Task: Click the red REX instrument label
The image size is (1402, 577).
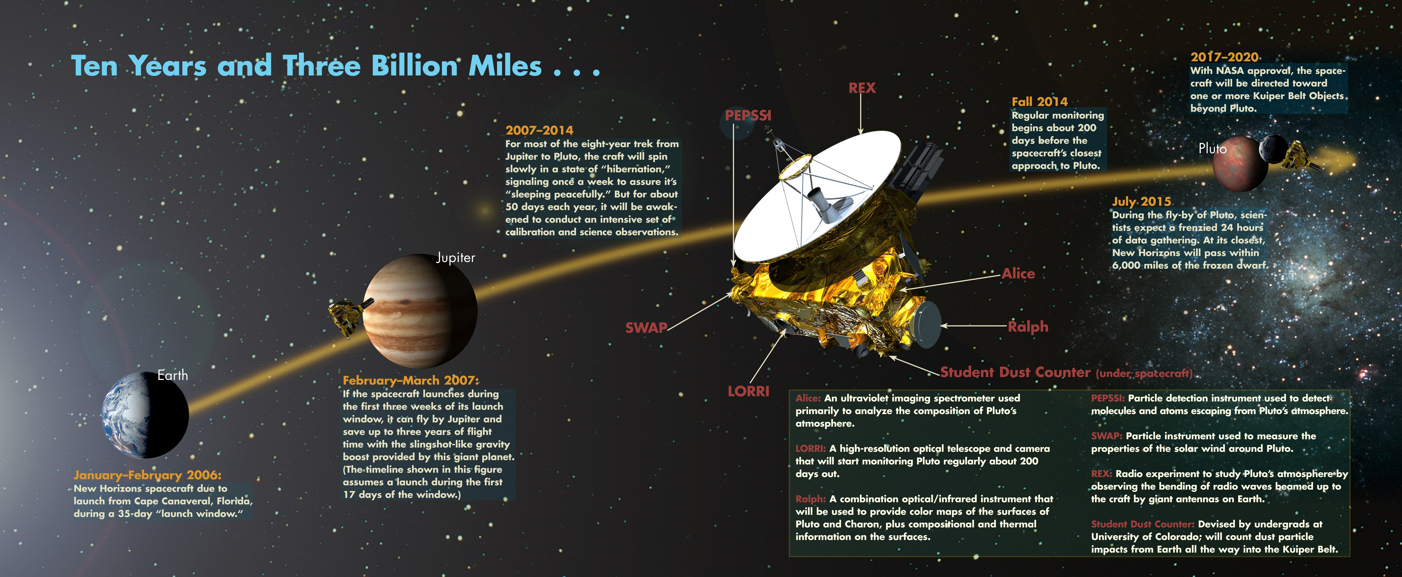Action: point(862,88)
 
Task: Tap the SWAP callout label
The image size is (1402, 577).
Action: point(646,328)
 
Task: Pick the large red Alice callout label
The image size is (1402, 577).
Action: point(1018,274)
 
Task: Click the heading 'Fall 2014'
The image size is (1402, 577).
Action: point(1039,102)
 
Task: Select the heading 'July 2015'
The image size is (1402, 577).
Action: point(1141,202)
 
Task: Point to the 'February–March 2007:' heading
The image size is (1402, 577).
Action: point(411,381)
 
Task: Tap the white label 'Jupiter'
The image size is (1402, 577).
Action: point(456,258)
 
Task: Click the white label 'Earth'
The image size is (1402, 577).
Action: point(173,375)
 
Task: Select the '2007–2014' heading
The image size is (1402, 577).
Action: point(539,131)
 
